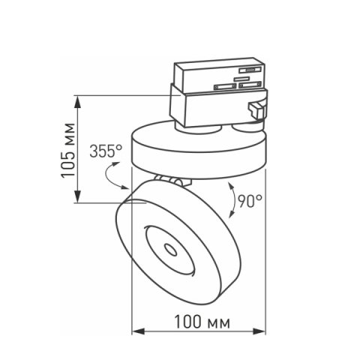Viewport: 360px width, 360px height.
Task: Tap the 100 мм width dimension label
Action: [200, 322]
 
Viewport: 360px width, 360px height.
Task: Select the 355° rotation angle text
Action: [106, 151]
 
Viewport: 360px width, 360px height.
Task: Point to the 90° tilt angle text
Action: [249, 200]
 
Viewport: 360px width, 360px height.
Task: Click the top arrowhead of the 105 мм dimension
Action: [78, 100]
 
